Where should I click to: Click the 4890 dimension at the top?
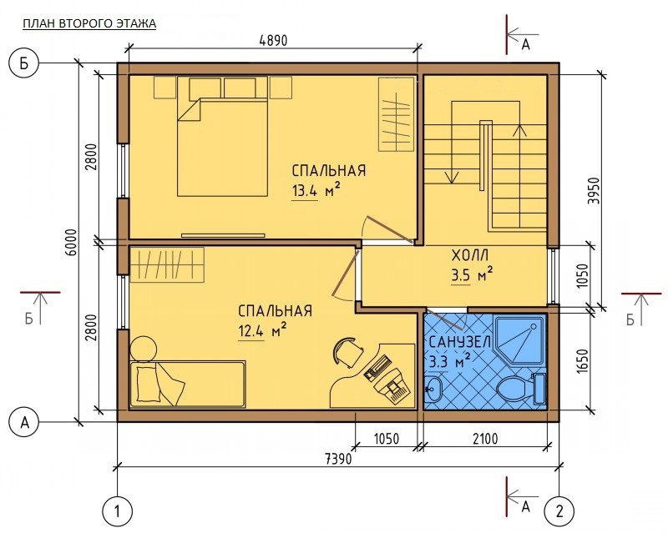coord(273,40)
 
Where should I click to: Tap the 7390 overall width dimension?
coord(338,459)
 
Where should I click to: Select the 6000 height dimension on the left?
coord(72,242)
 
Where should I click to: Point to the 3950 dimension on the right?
coord(594,190)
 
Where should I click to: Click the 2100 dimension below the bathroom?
coord(485,439)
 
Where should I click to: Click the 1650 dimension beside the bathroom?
coord(582,361)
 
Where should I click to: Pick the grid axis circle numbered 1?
coord(118,510)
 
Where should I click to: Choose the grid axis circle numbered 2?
coord(559,510)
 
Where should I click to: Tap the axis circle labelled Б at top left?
coord(24,64)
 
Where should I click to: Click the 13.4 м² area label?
coord(316,190)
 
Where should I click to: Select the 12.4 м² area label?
coord(261,330)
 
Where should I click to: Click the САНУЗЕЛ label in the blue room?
coord(460,342)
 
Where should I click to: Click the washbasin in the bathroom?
coord(434,389)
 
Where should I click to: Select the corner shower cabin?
coord(519,340)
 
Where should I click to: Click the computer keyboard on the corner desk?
coord(377,366)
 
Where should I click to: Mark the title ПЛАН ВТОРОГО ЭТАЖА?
coord(89,23)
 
